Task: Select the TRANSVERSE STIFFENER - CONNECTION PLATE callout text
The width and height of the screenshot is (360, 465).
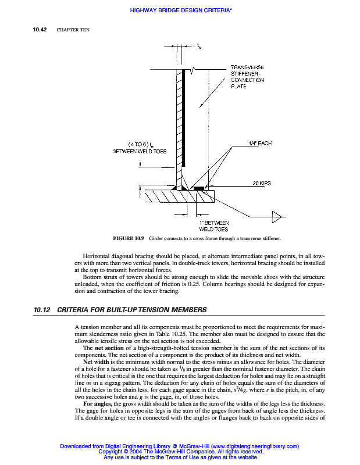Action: click(x=247, y=77)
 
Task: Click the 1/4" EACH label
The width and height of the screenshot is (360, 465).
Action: click(x=260, y=143)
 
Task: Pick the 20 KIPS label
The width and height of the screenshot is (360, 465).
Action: click(x=262, y=183)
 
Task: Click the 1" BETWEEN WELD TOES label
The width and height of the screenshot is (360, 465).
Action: click(x=214, y=226)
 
